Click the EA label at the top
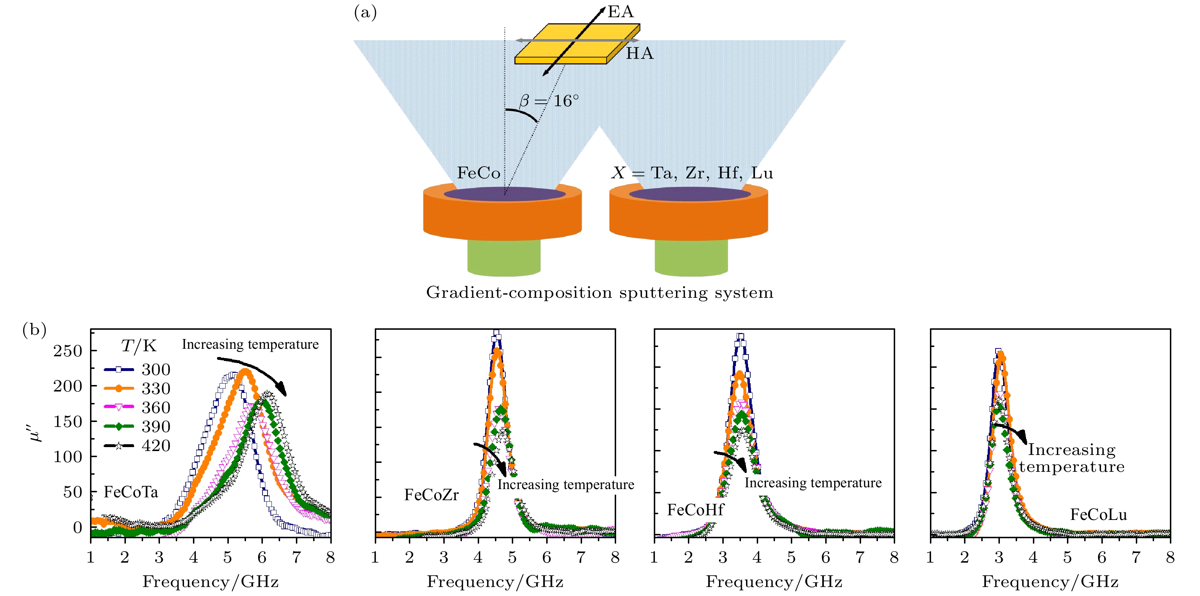620,11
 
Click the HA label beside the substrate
639,53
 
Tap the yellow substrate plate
578,44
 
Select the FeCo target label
478,173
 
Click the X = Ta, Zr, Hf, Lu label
692,173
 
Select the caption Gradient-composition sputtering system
600,293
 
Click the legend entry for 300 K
137,370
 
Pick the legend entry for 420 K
137,446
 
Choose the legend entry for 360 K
137,407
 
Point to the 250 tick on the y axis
67,351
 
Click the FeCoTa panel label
131,492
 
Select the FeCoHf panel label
695,510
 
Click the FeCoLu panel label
1098,515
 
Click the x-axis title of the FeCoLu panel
1050,582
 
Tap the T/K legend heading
138,346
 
